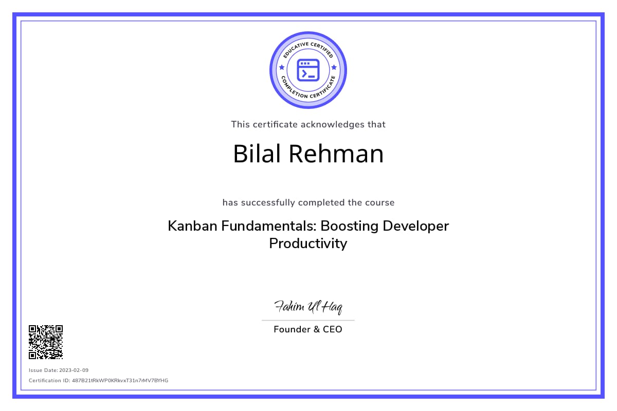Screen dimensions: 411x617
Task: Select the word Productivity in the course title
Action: click(308, 244)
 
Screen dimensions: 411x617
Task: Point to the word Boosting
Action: click(351, 226)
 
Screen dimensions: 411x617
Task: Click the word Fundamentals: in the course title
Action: click(267, 226)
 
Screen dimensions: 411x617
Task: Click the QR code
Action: click(46, 342)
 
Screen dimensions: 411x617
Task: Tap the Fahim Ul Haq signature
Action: click(308, 307)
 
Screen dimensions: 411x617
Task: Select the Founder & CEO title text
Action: click(308, 329)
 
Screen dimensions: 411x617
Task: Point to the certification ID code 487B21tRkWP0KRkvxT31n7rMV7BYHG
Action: click(120, 381)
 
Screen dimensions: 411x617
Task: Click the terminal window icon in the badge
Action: click(308, 70)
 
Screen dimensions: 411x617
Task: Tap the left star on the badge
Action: click(281, 67)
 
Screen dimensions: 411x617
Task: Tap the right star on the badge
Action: click(334, 67)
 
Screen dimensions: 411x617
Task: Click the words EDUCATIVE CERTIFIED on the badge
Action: click(308, 47)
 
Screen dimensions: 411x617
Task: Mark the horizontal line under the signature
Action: click(308, 320)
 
